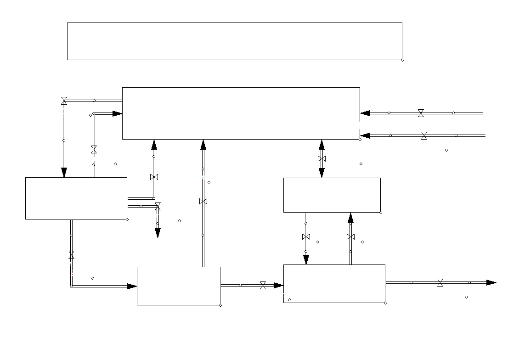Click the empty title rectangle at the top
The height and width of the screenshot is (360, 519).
click(x=234, y=41)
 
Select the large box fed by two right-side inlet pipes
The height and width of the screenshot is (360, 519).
click(x=241, y=113)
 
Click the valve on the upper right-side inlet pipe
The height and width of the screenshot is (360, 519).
click(x=421, y=113)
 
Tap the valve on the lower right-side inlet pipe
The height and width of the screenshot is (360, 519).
click(x=424, y=135)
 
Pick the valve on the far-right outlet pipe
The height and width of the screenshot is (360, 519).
click(x=440, y=282)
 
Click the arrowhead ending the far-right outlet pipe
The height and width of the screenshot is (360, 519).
click(x=491, y=282)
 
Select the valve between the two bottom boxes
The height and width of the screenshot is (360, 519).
click(x=263, y=285)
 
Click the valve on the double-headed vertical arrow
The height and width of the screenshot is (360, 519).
click(x=322, y=158)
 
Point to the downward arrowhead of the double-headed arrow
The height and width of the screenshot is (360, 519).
click(x=322, y=173)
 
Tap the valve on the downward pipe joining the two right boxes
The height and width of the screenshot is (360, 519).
click(x=306, y=236)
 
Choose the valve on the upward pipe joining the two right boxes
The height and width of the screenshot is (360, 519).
click(x=350, y=236)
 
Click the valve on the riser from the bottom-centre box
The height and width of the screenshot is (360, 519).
click(x=203, y=201)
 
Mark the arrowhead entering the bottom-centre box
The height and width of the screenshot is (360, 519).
click(x=132, y=286)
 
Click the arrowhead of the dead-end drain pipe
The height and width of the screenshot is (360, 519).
click(x=158, y=233)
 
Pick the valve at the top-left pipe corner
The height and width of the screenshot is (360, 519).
click(x=64, y=100)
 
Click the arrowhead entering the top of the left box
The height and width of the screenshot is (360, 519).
click(x=64, y=172)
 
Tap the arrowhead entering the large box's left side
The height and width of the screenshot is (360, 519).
click(x=117, y=113)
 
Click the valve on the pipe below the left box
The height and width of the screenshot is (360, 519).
click(x=71, y=254)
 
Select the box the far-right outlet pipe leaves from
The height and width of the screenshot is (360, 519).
click(x=334, y=283)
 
